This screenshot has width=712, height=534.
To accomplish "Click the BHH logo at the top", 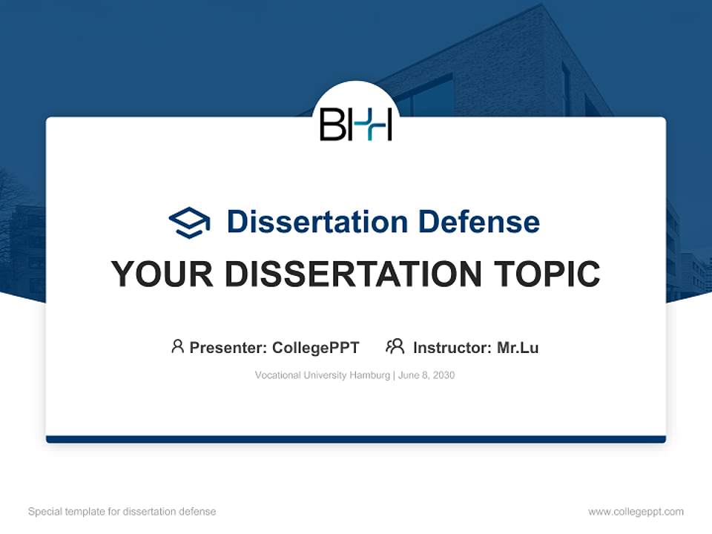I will click(356, 124).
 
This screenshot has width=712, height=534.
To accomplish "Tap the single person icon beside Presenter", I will click(177, 346).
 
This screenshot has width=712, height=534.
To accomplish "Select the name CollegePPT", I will click(316, 348).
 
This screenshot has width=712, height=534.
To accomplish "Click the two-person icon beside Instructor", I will click(395, 346).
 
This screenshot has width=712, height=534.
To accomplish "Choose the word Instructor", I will click(452, 348).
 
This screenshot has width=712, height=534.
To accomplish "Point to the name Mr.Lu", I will click(518, 348).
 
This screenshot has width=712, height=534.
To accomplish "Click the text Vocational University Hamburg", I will click(322, 375).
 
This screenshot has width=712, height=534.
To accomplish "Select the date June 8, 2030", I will click(426, 375).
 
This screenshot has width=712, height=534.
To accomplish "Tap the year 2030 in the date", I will click(444, 375).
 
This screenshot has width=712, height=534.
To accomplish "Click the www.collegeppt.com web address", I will click(636, 512).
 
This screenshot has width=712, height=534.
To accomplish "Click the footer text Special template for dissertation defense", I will click(122, 512).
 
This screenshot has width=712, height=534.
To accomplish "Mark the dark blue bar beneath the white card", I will click(356, 439).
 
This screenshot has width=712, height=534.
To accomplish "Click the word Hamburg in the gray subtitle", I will click(371, 375).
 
